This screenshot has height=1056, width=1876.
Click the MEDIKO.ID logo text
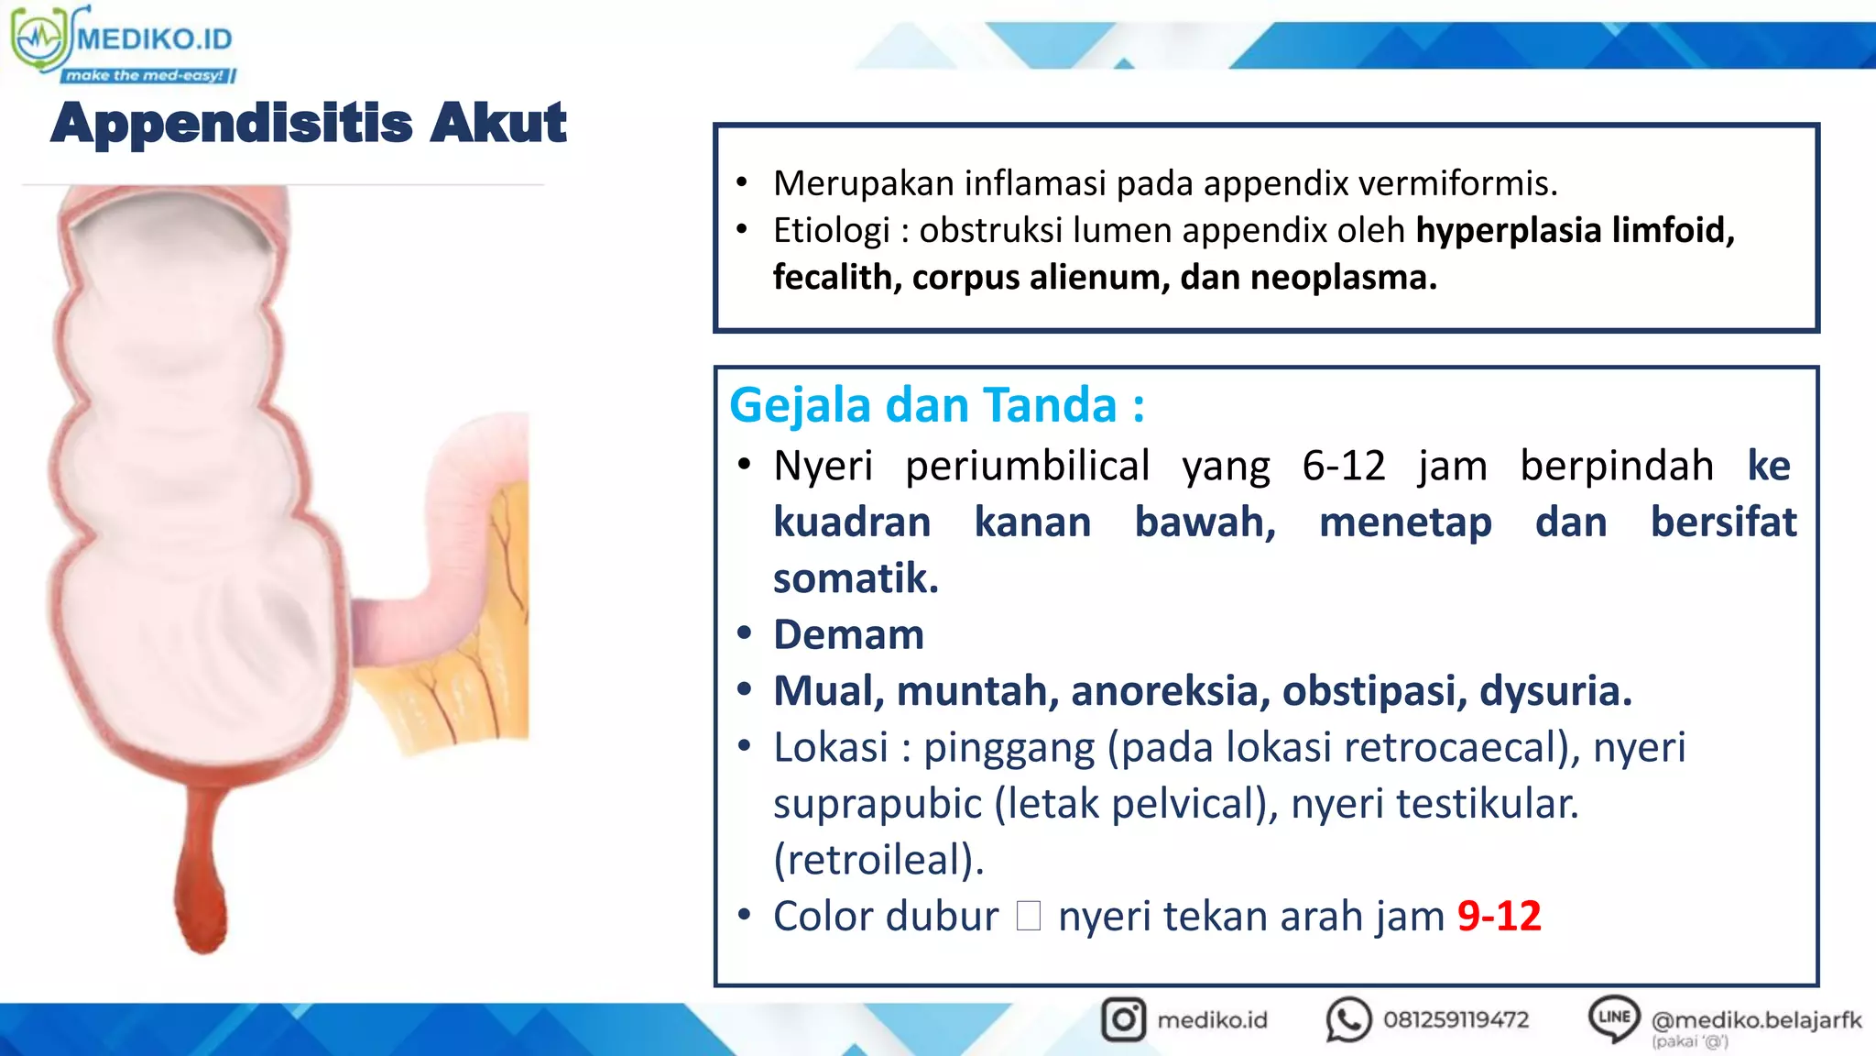coord(154,38)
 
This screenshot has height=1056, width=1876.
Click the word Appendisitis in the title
coord(232,123)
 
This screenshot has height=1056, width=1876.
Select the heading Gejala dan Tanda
coord(936,405)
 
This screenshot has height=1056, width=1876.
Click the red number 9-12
coord(1499,916)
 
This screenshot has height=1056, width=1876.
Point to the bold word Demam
coord(848,635)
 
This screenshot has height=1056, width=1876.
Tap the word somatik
coord(856,578)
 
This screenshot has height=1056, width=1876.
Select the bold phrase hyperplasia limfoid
coord(1575,230)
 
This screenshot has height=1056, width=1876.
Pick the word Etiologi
coord(831,230)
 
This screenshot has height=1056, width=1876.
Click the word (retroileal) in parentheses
coord(878,860)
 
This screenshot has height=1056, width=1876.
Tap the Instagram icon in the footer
coord(1123,1019)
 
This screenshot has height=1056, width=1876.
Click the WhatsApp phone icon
coord(1347,1019)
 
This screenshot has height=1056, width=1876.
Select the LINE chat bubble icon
coord(1613,1017)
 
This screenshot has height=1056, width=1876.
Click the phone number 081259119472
coord(1456,1019)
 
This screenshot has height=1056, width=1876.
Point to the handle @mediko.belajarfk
coord(1756,1019)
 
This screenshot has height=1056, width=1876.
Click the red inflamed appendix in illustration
coord(202,871)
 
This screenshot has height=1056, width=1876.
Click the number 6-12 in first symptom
coord(1344,466)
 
